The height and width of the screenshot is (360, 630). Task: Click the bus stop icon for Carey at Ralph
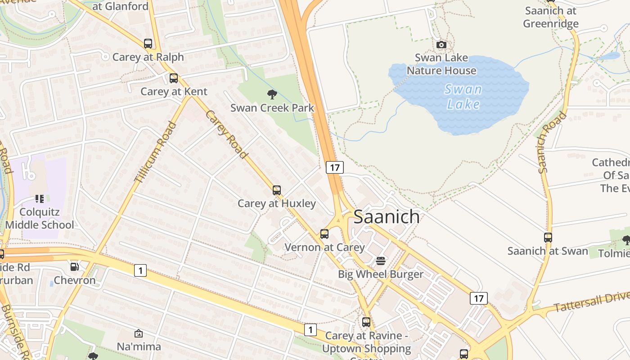click(148, 44)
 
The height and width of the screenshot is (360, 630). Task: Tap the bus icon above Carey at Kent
click(174, 78)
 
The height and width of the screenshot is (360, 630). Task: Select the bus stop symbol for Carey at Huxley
click(277, 190)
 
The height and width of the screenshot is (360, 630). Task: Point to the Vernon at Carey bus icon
click(324, 234)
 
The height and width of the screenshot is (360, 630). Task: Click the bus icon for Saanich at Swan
click(548, 238)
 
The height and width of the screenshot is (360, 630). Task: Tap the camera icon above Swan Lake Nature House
click(441, 45)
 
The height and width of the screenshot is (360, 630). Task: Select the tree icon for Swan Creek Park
click(272, 94)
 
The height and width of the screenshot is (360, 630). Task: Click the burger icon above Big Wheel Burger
click(381, 261)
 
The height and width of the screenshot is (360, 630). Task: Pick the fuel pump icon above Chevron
click(75, 267)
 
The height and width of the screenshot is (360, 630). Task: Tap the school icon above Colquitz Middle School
click(40, 198)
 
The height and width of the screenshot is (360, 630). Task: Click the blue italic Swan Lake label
click(463, 97)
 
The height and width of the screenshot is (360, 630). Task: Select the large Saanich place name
click(387, 217)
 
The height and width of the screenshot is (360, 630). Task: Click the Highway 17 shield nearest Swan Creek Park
click(334, 167)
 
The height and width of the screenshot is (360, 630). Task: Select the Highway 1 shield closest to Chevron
click(140, 270)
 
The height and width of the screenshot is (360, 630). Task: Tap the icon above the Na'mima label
click(139, 333)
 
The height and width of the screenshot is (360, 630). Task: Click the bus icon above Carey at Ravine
click(366, 322)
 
